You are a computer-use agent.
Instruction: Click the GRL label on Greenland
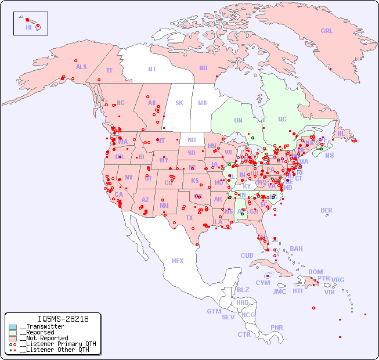(x=327, y=31)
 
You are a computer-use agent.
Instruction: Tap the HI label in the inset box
(x=28, y=27)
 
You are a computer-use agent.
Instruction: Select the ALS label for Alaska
(x=81, y=67)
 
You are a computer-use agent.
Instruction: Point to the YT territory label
(x=109, y=70)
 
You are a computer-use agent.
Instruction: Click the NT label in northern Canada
(x=152, y=69)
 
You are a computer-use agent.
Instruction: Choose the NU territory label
(x=203, y=68)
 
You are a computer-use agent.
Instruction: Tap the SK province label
(x=179, y=103)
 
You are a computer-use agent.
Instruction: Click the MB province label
(x=203, y=103)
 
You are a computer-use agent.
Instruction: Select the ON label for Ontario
(x=238, y=120)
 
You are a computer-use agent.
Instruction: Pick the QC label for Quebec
(x=282, y=119)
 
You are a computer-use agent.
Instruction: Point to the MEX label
(x=178, y=261)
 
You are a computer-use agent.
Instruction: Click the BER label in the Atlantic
(x=326, y=210)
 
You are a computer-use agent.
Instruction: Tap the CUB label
(x=247, y=255)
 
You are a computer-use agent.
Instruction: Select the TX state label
(x=189, y=218)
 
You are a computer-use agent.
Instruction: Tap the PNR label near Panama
(x=277, y=327)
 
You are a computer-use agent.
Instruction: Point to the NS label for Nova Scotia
(x=329, y=155)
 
